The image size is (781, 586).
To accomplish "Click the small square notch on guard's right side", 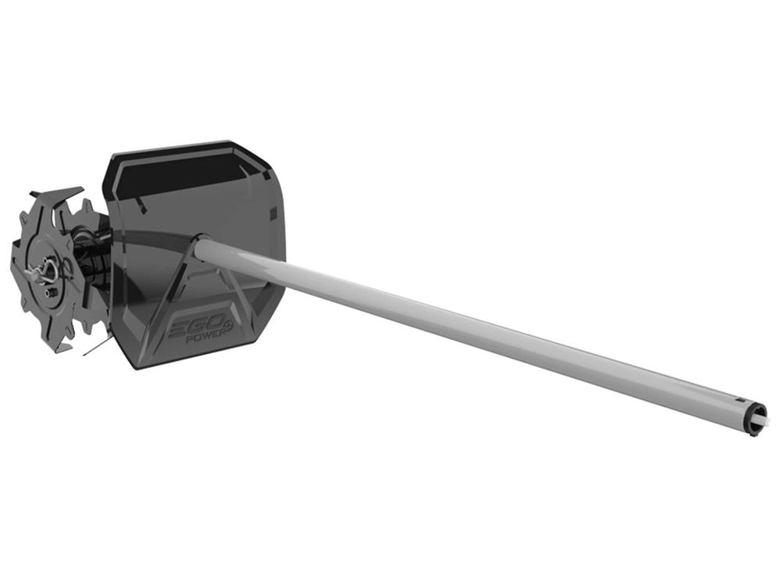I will click(273, 213).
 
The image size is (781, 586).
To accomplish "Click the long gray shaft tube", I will click(469, 328).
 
